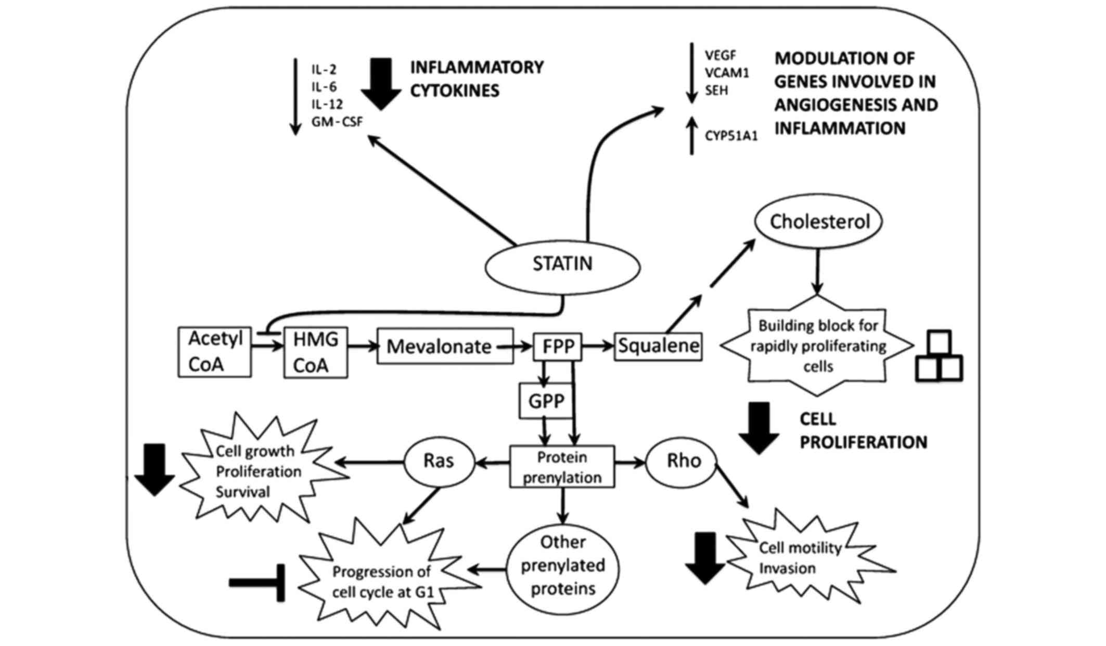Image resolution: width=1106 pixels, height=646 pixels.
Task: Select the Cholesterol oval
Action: point(819,222)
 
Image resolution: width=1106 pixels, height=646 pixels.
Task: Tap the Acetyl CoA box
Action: point(214,352)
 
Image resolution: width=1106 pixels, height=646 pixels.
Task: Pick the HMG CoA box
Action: point(315,352)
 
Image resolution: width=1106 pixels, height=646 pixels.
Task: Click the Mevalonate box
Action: point(445,346)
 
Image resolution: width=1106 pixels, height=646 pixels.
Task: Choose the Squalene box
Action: point(658,346)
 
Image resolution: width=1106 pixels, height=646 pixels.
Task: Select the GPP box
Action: point(546,401)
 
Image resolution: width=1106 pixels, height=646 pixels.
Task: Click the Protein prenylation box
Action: point(562,467)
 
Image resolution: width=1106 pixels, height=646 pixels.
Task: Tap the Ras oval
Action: point(439,461)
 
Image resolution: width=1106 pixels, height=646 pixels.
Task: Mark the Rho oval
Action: point(681,461)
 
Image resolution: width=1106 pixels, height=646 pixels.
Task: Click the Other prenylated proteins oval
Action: point(563,566)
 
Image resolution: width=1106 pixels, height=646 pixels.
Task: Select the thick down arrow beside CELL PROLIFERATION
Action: point(759,428)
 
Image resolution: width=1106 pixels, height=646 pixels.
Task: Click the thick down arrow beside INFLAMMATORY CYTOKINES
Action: point(381,84)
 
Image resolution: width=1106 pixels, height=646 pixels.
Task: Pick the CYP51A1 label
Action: point(731,136)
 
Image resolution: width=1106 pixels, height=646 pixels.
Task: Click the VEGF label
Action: point(721,55)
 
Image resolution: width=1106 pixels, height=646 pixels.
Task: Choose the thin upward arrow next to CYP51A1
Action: point(691,135)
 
